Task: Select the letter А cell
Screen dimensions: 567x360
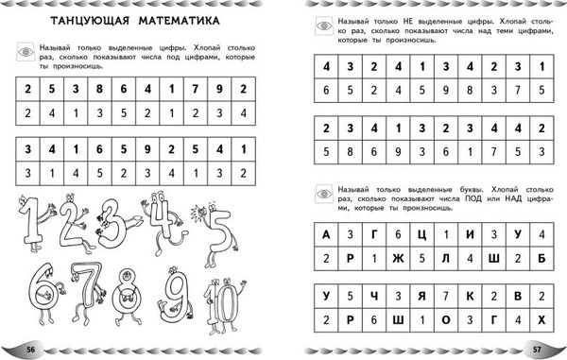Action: (326, 235)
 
